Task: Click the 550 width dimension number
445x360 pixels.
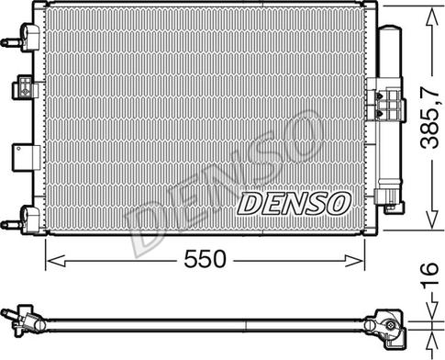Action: click(x=204, y=260)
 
